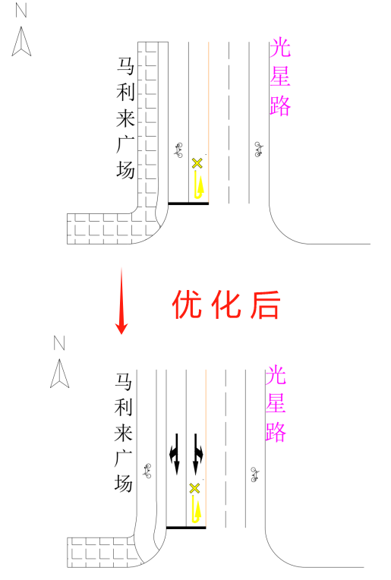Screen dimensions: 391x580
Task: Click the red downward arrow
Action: tap(121, 301)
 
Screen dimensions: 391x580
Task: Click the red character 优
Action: tap(188, 304)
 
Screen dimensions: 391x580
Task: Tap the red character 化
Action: tap(226, 304)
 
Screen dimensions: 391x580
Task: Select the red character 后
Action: tap(265, 304)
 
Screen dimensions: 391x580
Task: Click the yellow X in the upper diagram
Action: tap(197, 163)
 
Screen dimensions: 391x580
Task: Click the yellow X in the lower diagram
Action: tap(194, 488)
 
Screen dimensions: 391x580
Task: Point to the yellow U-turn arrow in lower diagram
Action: tap(197, 509)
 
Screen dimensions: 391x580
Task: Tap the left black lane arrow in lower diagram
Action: tap(175, 453)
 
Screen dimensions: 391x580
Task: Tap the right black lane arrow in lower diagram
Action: tap(197, 453)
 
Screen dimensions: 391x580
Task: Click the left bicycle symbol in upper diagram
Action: tap(178, 150)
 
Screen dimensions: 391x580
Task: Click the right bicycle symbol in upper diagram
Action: tap(259, 150)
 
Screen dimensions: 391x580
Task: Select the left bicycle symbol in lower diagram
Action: tap(147, 471)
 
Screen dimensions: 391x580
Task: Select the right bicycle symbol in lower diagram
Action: tap(254, 474)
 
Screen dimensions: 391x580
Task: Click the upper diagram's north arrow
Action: tap(21, 42)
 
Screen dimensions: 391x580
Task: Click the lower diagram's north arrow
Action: tap(59, 374)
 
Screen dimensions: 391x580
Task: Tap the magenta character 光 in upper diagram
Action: tap(280, 47)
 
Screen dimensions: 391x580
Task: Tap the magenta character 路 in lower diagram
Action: tap(276, 432)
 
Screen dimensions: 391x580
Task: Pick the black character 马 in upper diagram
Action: tap(125, 66)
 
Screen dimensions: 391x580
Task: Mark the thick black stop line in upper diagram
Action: tap(188, 203)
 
